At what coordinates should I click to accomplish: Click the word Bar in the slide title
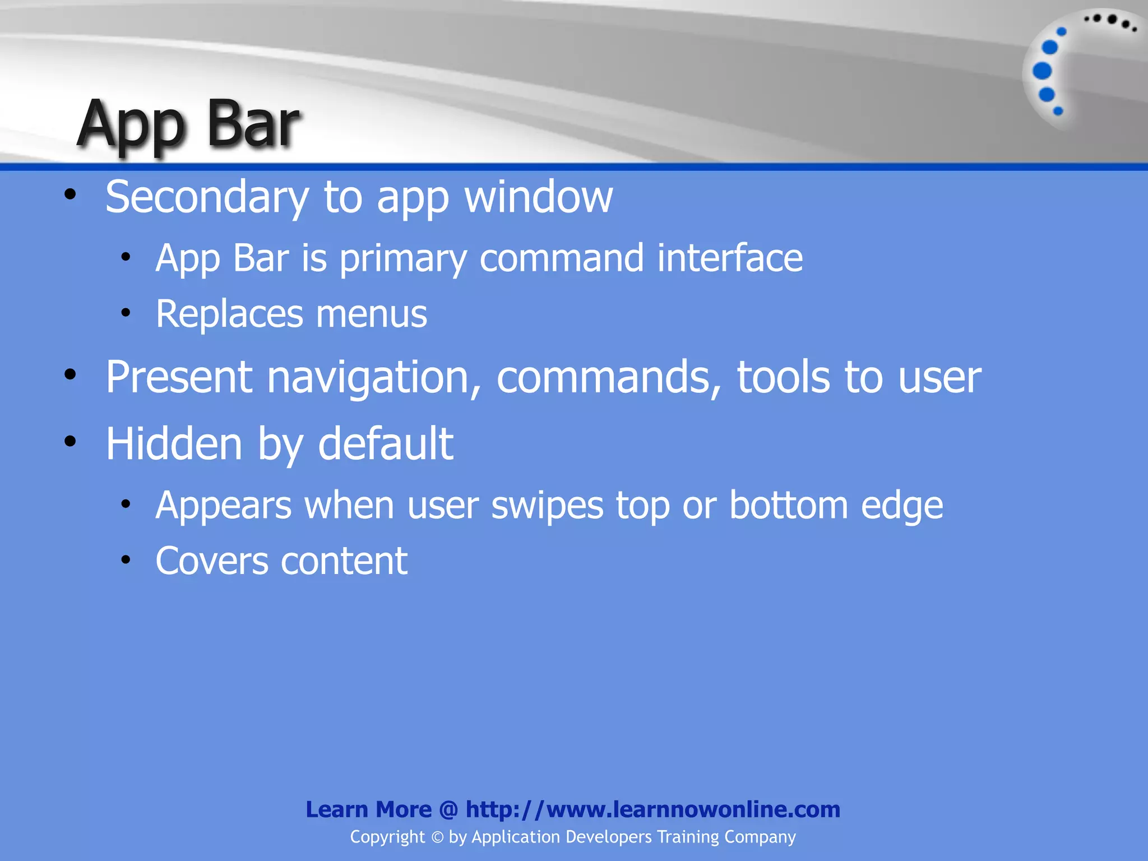(253, 124)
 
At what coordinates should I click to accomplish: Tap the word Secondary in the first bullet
(207, 197)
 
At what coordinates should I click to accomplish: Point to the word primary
(403, 259)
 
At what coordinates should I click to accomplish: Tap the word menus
(371, 314)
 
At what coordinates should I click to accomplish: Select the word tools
(783, 377)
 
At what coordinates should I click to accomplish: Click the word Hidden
(174, 444)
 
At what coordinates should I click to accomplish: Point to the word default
(386, 444)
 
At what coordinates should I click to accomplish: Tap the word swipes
(547, 506)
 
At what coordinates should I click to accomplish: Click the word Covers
(211, 561)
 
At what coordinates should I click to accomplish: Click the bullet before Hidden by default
(70, 442)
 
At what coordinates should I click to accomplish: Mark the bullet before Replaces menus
(126, 313)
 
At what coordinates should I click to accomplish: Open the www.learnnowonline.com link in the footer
(652, 809)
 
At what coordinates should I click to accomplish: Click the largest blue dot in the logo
(1042, 71)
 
